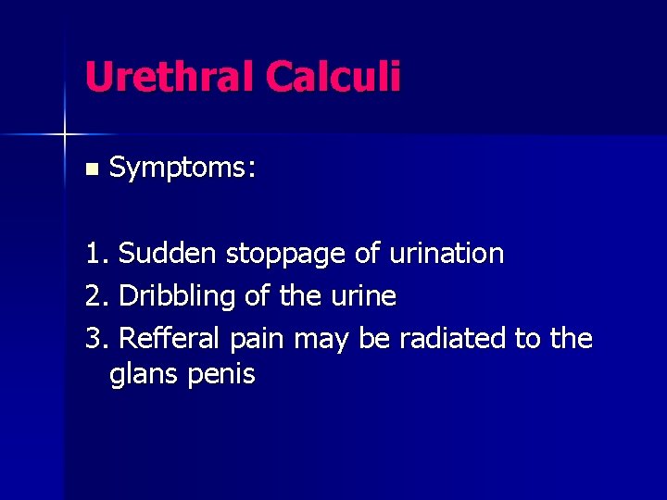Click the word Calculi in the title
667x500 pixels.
(x=333, y=77)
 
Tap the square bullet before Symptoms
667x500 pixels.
(x=90, y=169)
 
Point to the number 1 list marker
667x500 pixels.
(x=94, y=254)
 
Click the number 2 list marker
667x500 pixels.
(x=94, y=296)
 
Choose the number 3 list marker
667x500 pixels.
(x=94, y=339)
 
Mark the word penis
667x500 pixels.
(x=221, y=376)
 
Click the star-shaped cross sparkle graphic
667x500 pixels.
(x=65, y=135)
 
